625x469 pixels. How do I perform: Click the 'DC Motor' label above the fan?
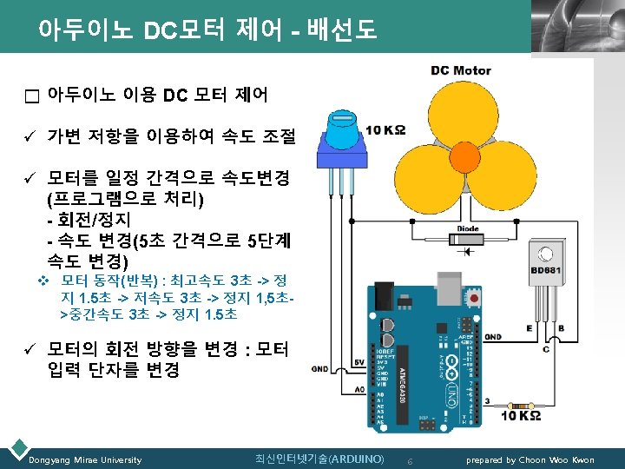(461, 70)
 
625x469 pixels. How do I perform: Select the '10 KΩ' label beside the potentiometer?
(385, 130)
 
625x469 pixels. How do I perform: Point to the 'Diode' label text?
(469, 229)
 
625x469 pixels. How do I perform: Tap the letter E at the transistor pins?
(530, 329)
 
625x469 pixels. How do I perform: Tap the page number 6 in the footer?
(411, 459)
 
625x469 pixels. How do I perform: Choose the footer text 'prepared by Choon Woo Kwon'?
(530, 459)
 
